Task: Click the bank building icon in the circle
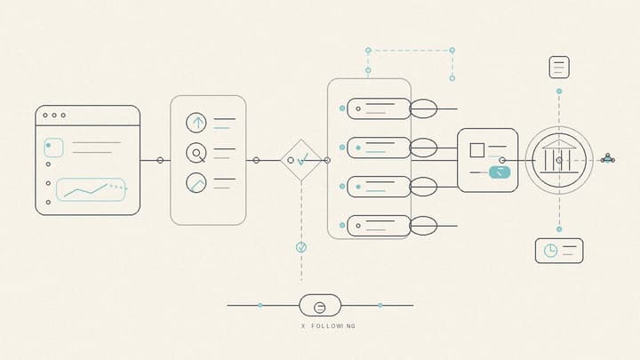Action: pos(559,156)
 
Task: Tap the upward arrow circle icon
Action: pos(196,123)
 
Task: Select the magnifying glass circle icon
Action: pos(196,153)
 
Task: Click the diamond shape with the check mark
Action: pos(301,160)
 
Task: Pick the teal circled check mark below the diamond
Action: pos(301,247)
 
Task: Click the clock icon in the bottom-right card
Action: pos(550,250)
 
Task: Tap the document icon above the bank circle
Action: pos(559,68)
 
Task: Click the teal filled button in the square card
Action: pos(500,172)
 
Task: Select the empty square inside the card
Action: pos(477,150)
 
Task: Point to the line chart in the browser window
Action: pos(91,190)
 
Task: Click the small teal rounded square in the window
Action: pos(53,148)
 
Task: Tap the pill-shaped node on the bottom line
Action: pos(320,305)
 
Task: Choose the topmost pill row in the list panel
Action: pos(379,108)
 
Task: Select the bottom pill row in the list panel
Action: pos(379,226)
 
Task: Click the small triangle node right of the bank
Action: pos(608,158)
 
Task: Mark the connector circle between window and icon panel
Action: pos(160,160)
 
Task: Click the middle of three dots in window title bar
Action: pos(54,115)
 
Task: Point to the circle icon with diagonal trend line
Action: pos(196,182)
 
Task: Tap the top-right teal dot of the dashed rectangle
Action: pos(452,51)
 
